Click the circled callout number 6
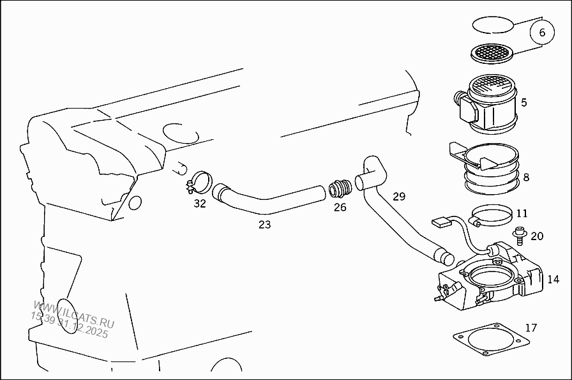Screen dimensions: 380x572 (543, 33)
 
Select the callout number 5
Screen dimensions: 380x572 (523, 102)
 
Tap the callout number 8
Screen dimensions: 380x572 (525, 178)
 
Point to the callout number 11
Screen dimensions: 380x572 (522, 214)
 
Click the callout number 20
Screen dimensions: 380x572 (536, 236)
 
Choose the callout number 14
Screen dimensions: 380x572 (553, 279)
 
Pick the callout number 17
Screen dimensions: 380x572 (531, 328)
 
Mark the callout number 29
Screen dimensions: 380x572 (398, 196)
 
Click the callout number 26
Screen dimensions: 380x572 (340, 208)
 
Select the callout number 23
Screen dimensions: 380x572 (264, 224)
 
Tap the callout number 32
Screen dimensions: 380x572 (200, 204)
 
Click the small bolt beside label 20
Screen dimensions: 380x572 (518, 236)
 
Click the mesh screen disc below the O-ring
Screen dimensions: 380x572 (492, 53)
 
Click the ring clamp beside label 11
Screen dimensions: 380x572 (492, 215)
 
